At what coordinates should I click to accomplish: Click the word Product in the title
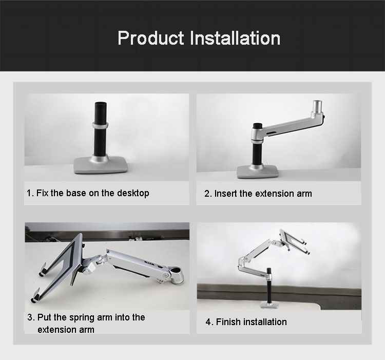pos(151,38)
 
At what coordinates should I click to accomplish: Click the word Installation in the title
pos(235,38)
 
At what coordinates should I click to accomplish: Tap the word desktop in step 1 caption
pos(133,193)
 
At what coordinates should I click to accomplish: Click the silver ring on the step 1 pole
pos(101,125)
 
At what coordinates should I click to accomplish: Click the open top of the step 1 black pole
pos(101,103)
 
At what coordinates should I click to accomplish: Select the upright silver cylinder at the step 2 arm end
pos(317,106)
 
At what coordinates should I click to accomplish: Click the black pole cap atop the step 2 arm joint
pos(258,126)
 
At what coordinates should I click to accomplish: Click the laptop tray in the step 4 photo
pos(294,241)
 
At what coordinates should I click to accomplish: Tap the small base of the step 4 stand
pos(269,305)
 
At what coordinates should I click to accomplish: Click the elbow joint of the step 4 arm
pos(242,261)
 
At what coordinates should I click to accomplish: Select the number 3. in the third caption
pos(31,317)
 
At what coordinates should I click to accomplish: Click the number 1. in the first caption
pos(30,193)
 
